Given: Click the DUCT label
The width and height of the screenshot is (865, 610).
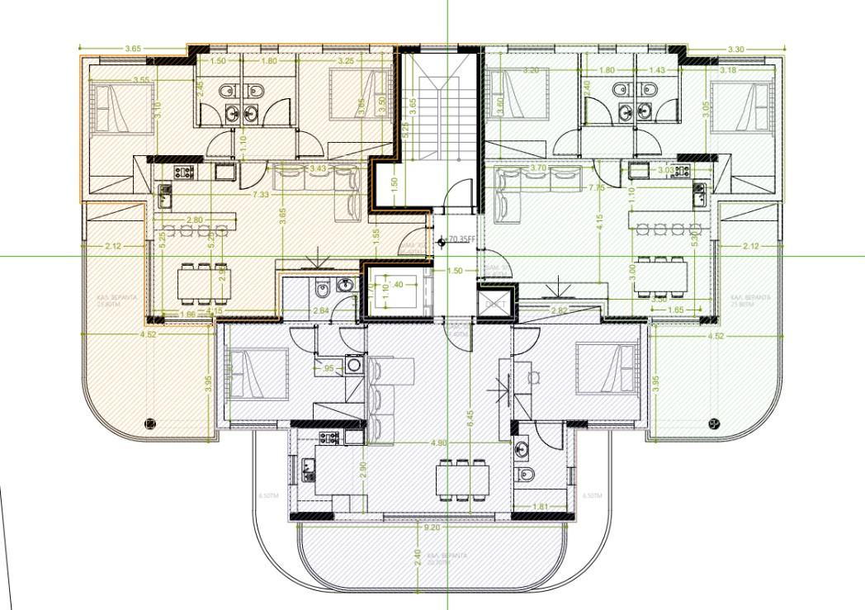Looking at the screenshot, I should [495, 304].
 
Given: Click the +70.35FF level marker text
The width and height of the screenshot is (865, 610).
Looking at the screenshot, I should [461, 241].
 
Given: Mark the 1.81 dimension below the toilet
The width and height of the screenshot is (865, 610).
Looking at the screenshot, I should [541, 505].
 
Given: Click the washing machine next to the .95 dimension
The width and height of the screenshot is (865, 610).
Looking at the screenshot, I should [354, 363].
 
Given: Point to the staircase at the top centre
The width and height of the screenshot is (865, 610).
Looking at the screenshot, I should [437, 116].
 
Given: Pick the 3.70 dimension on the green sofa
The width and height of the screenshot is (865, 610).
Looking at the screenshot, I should [539, 168].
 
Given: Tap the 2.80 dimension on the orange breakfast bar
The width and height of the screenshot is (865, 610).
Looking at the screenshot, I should [195, 220].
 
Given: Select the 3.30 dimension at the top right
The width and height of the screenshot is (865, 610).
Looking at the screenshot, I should [736, 50].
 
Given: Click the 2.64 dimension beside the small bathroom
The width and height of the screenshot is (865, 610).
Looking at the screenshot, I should [321, 310].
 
